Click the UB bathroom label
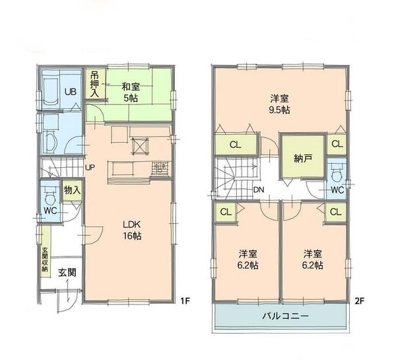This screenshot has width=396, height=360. click(x=69, y=92)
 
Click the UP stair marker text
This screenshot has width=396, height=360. click(x=90, y=166)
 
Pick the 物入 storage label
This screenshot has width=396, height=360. click(x=72, y=190)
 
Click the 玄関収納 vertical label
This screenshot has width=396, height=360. click(x=45, y=260)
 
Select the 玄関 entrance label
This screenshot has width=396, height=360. click(x=64, y=272)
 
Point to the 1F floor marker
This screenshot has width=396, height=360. click(x=185, y=301)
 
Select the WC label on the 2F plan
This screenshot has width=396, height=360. click(x=337, y=190)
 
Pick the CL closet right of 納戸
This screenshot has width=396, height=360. click(x=336, y=144)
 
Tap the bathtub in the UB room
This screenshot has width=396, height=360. click(x=51, y=92)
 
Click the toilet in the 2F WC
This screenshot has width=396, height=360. click(x=337, y=174)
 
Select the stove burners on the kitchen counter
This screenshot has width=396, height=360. click(x=159, y=168)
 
